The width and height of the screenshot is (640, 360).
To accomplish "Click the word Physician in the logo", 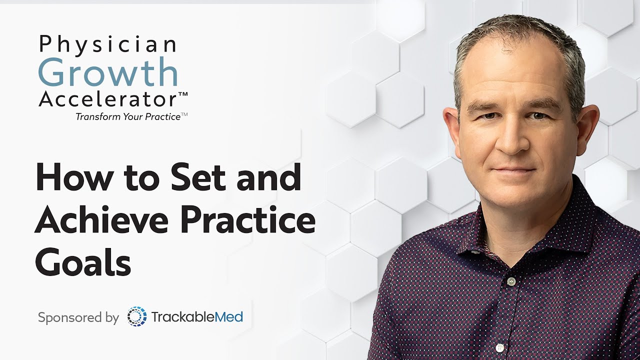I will [107, 45].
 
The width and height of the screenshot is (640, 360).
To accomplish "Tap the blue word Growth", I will [108, 73].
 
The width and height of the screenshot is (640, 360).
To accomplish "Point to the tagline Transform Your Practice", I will [128, 116].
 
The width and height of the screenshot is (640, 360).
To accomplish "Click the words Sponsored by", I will [78, 317].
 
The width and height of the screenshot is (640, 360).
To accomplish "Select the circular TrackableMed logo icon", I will [136, 316].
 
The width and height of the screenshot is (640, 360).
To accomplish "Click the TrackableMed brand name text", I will [196, 316].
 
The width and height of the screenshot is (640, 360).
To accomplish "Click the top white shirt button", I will [510, 281].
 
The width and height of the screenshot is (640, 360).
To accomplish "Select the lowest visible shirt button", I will [499, 347].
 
